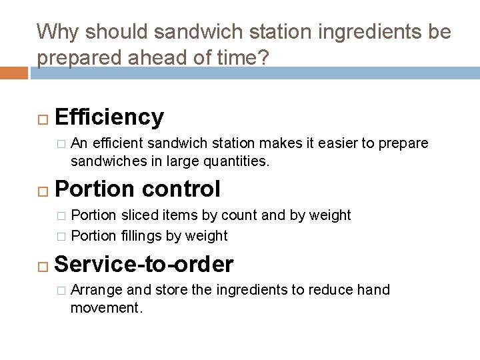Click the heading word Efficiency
(109, 117)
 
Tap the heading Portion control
(137, 189)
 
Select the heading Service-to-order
(144, 265)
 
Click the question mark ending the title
(264, 59)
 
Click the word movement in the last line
(103, 308)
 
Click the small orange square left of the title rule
(14, 72)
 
